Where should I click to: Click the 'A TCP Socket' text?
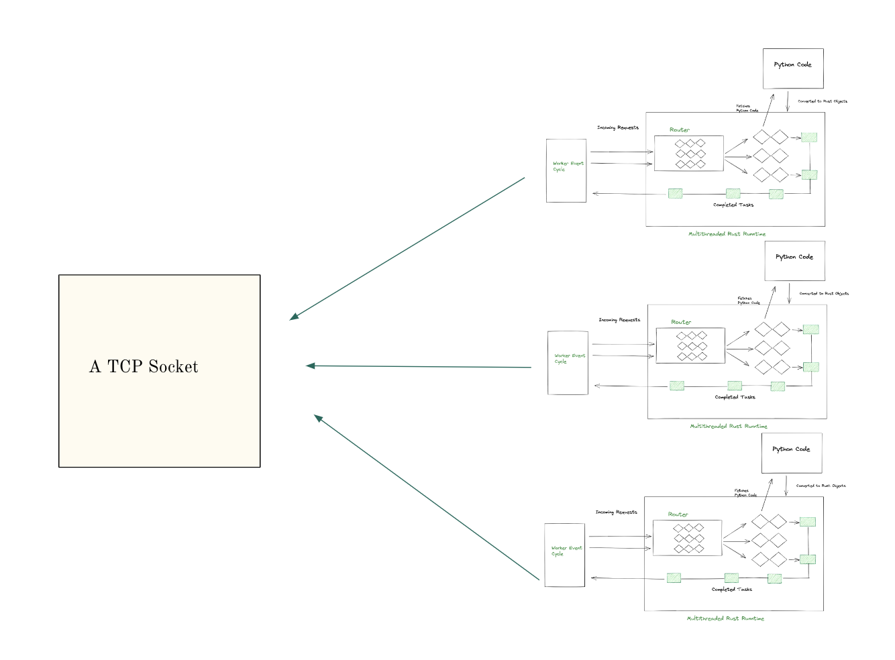coord(144,367)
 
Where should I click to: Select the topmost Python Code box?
coord(793,68)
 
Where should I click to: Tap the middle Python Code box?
coord(794,261)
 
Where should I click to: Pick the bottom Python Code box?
coord(791,453)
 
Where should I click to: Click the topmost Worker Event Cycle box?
coord(566,170)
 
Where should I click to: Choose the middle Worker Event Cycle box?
coord(568,363)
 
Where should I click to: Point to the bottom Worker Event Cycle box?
coord(565,555)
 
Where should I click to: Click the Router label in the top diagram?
coord(679,130)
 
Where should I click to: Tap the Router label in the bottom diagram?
coord(678,514)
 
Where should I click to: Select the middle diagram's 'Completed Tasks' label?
coord(735,397)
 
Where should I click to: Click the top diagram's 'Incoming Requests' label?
coord(618,127)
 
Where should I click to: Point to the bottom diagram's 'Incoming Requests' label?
coord(616,512)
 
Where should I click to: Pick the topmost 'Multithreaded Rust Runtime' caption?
coord(727,234)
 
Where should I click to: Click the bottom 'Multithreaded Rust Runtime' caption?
coord(725,618)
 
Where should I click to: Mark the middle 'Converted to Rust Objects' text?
coord(824,294)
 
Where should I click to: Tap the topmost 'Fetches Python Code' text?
coord(746,108)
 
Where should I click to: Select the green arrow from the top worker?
coord(407,249)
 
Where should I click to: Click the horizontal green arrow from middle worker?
coord(419,366)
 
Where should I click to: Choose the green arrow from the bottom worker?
coord(427,497)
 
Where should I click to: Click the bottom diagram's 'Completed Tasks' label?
coord(731,590)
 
